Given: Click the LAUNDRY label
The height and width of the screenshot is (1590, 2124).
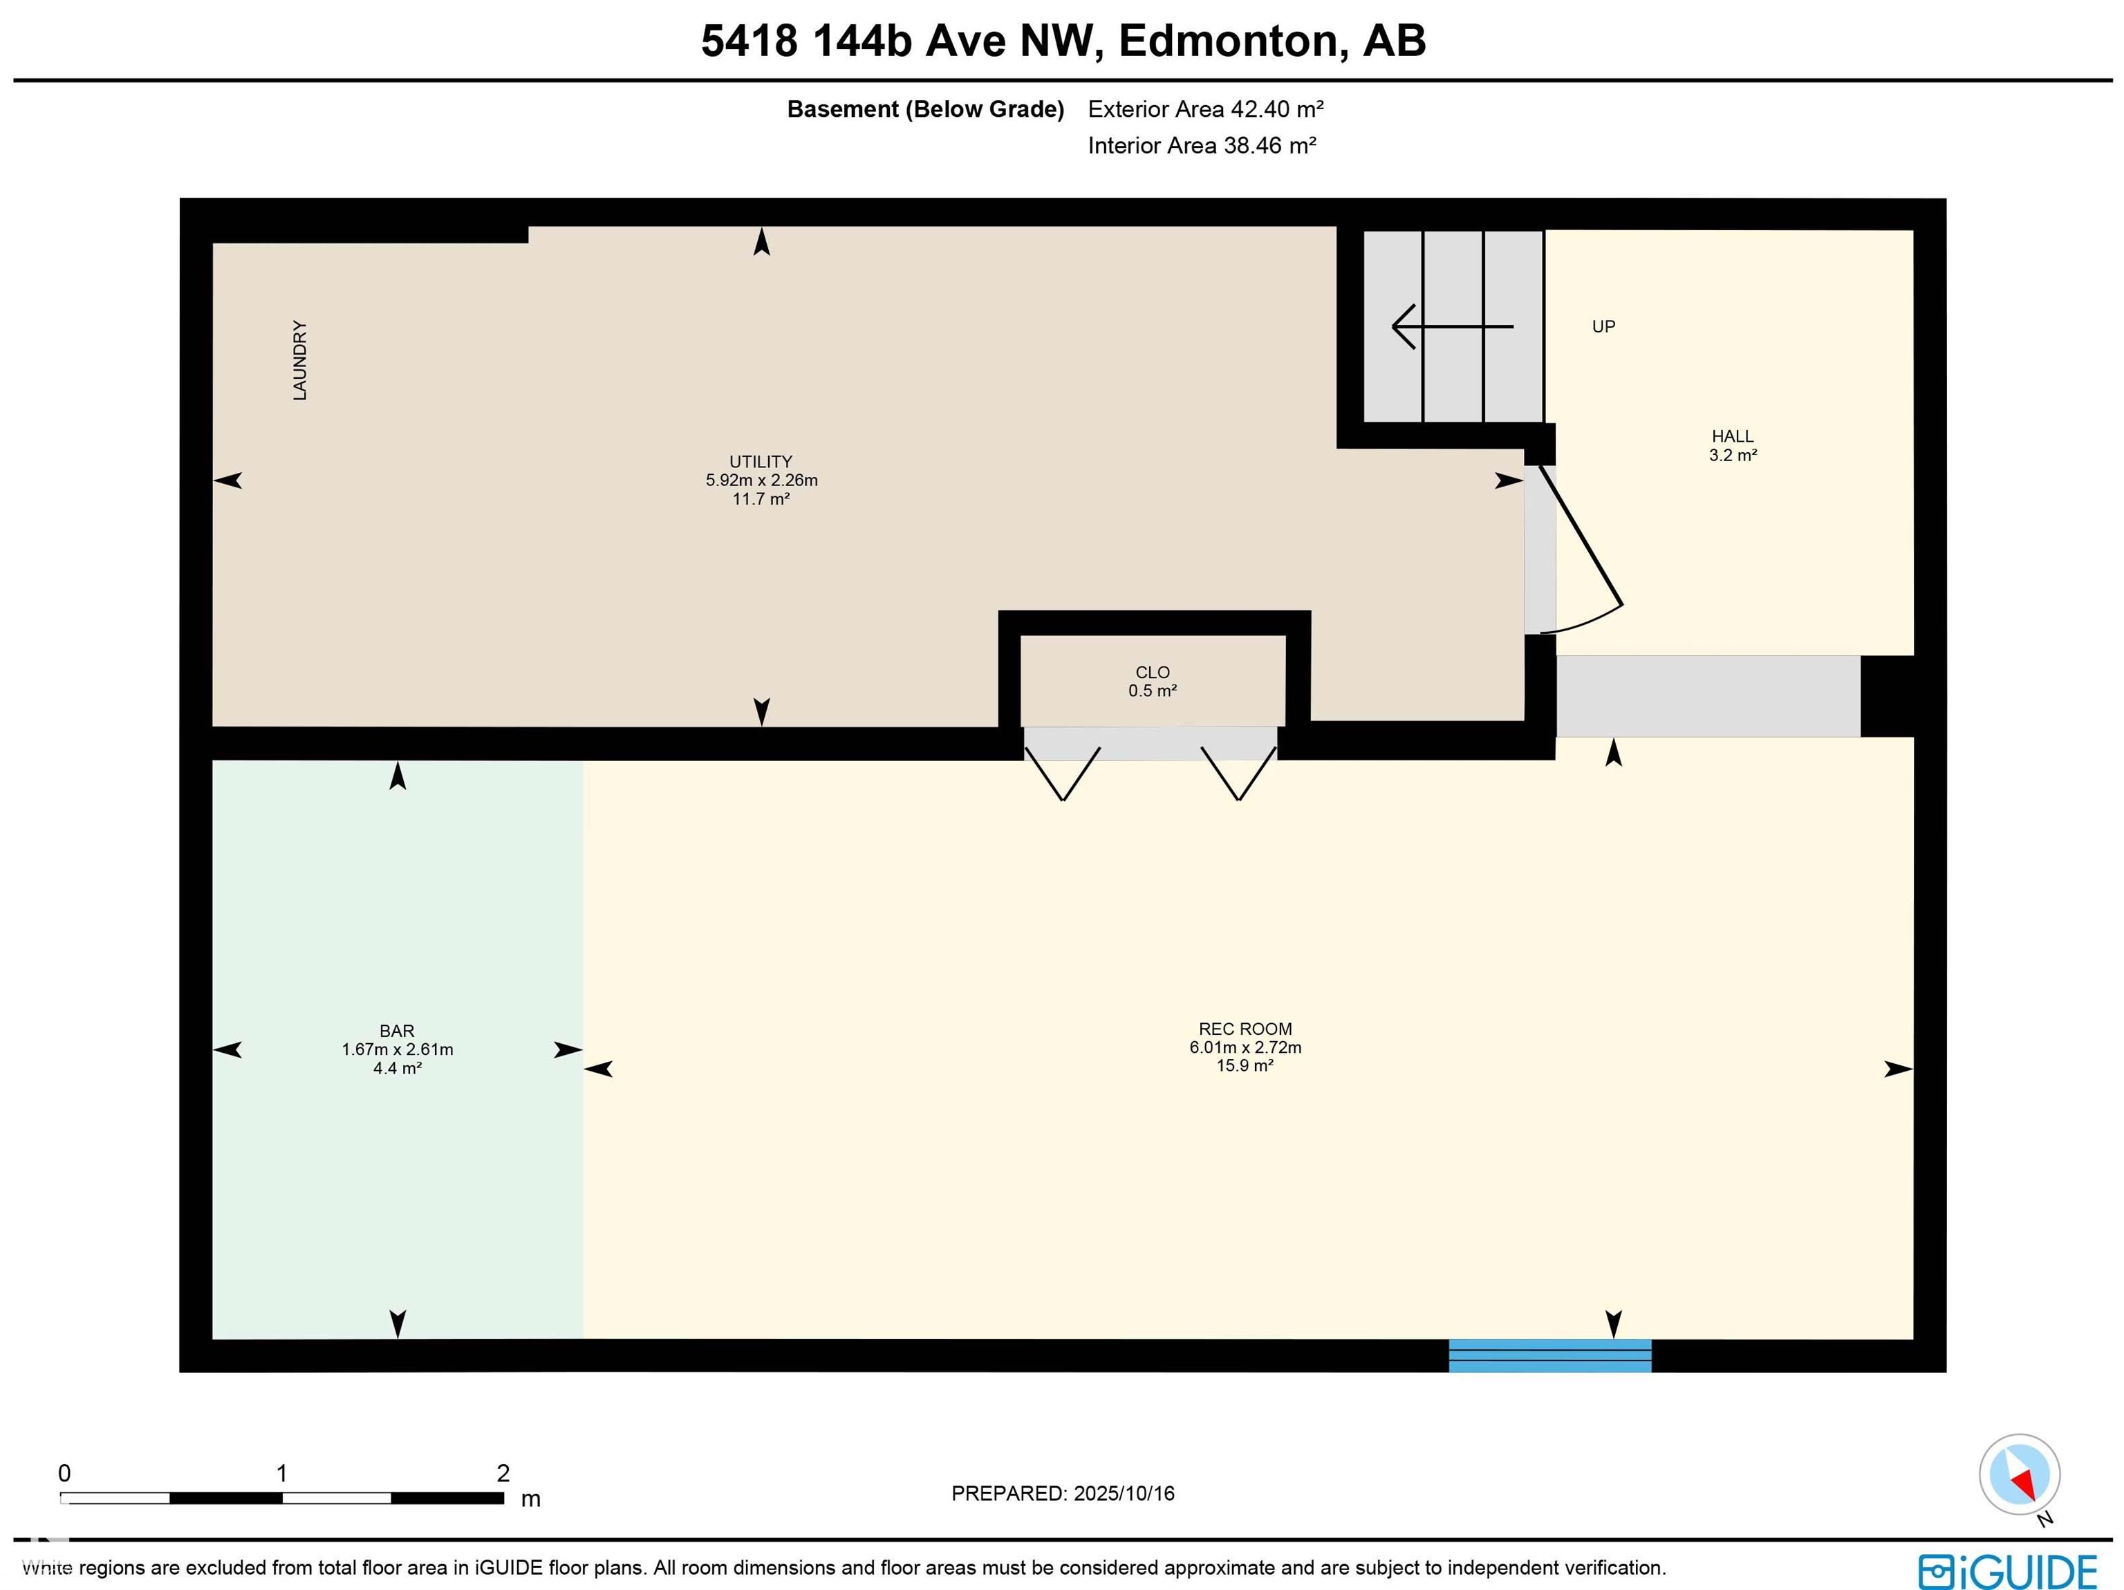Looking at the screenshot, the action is coord(299,360).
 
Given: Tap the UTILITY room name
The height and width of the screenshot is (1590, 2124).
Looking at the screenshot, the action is coord(761,462).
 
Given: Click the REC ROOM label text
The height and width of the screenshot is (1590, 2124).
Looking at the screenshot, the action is coord(1245,1029).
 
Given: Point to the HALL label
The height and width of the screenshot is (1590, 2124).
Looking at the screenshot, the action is coord(1732,437).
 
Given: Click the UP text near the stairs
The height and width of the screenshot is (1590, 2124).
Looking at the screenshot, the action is coord(1603,326).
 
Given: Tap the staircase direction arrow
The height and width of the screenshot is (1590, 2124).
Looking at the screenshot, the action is coord(1453,326).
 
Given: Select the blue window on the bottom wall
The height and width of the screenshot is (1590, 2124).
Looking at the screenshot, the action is coord(1550,1355).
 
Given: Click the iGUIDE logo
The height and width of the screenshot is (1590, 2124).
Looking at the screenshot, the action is coord(2007,1572).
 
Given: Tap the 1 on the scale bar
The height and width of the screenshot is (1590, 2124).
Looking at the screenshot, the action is coord(281,1473).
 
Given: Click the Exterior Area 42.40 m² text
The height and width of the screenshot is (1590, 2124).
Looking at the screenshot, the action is coord(1206,109).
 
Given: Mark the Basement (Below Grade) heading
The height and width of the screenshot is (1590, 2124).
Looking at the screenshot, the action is coord(926,109).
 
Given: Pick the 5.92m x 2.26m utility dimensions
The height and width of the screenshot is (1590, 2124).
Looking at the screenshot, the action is coord(761,480).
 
